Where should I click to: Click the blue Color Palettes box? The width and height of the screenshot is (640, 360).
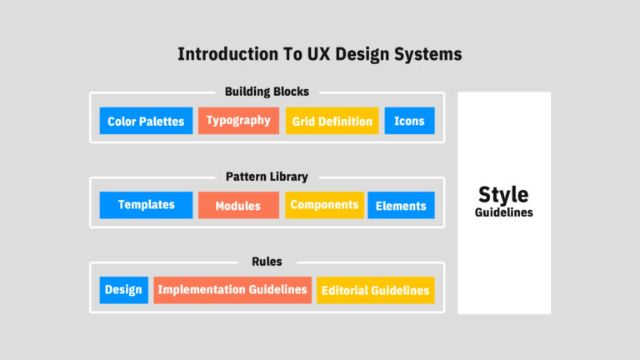[146, 121]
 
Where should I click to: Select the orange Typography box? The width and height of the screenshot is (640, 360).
[239, 121]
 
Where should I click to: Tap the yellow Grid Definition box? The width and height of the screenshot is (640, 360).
[332, 121]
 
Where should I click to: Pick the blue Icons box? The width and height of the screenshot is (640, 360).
[409, 121]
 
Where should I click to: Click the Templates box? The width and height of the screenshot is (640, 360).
[146, 205]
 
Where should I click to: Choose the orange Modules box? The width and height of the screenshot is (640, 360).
[239, 205]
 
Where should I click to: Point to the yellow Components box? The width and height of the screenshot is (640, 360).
[324, 205]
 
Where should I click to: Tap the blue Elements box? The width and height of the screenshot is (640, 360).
[401, 205]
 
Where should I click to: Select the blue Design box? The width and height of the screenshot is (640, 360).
[123, 290]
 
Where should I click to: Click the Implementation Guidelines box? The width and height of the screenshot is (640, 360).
[232, 290]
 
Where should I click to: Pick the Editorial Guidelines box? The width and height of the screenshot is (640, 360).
[376, 290]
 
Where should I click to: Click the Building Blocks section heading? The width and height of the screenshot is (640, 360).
[267, 92]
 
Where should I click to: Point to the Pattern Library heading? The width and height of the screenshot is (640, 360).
[267, 177]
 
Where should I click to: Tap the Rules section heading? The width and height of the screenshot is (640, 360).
[267, 262]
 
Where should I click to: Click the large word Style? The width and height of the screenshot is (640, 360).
[503, 195]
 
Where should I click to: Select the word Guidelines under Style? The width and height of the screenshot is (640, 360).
[503, 212]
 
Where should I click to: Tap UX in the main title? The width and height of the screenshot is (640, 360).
[318, 54]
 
